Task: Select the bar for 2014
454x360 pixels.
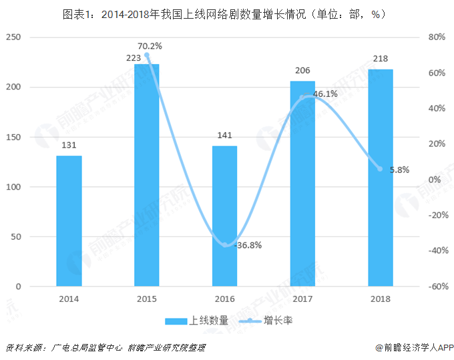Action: click(69, 221)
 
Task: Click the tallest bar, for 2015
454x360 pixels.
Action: click(147, 175)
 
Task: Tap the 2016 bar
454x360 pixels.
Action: click(225, 216)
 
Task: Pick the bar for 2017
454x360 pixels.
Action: click(302, 184)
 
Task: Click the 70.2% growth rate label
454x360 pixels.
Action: click(150, 46)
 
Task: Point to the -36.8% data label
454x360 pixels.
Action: click(248, 245)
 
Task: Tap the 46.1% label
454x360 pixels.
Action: click(325, 94)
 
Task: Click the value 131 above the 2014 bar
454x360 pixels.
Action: click(69, 146)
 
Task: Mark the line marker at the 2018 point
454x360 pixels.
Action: click(380, 169)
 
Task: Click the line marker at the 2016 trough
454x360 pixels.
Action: click(225, 244)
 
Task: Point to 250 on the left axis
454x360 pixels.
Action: click(13, 37)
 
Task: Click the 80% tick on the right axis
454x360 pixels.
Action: click(437, 37)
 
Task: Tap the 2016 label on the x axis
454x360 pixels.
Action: click(225, 299)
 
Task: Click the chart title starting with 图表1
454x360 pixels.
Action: click(227, 13)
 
